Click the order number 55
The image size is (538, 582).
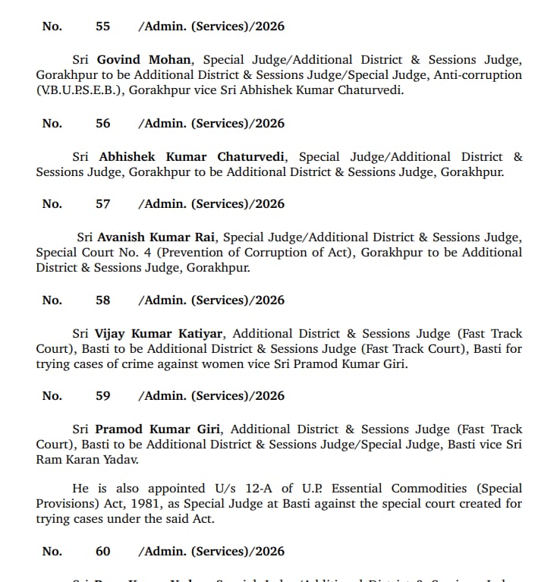(102, 27)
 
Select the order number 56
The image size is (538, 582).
(102, 124)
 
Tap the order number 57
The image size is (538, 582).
(102, 204)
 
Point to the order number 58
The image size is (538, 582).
(102, 300)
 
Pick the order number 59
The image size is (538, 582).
(102, 396)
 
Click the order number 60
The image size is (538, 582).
(102, 552)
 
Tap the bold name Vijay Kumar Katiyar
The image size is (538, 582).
(162, 334)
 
